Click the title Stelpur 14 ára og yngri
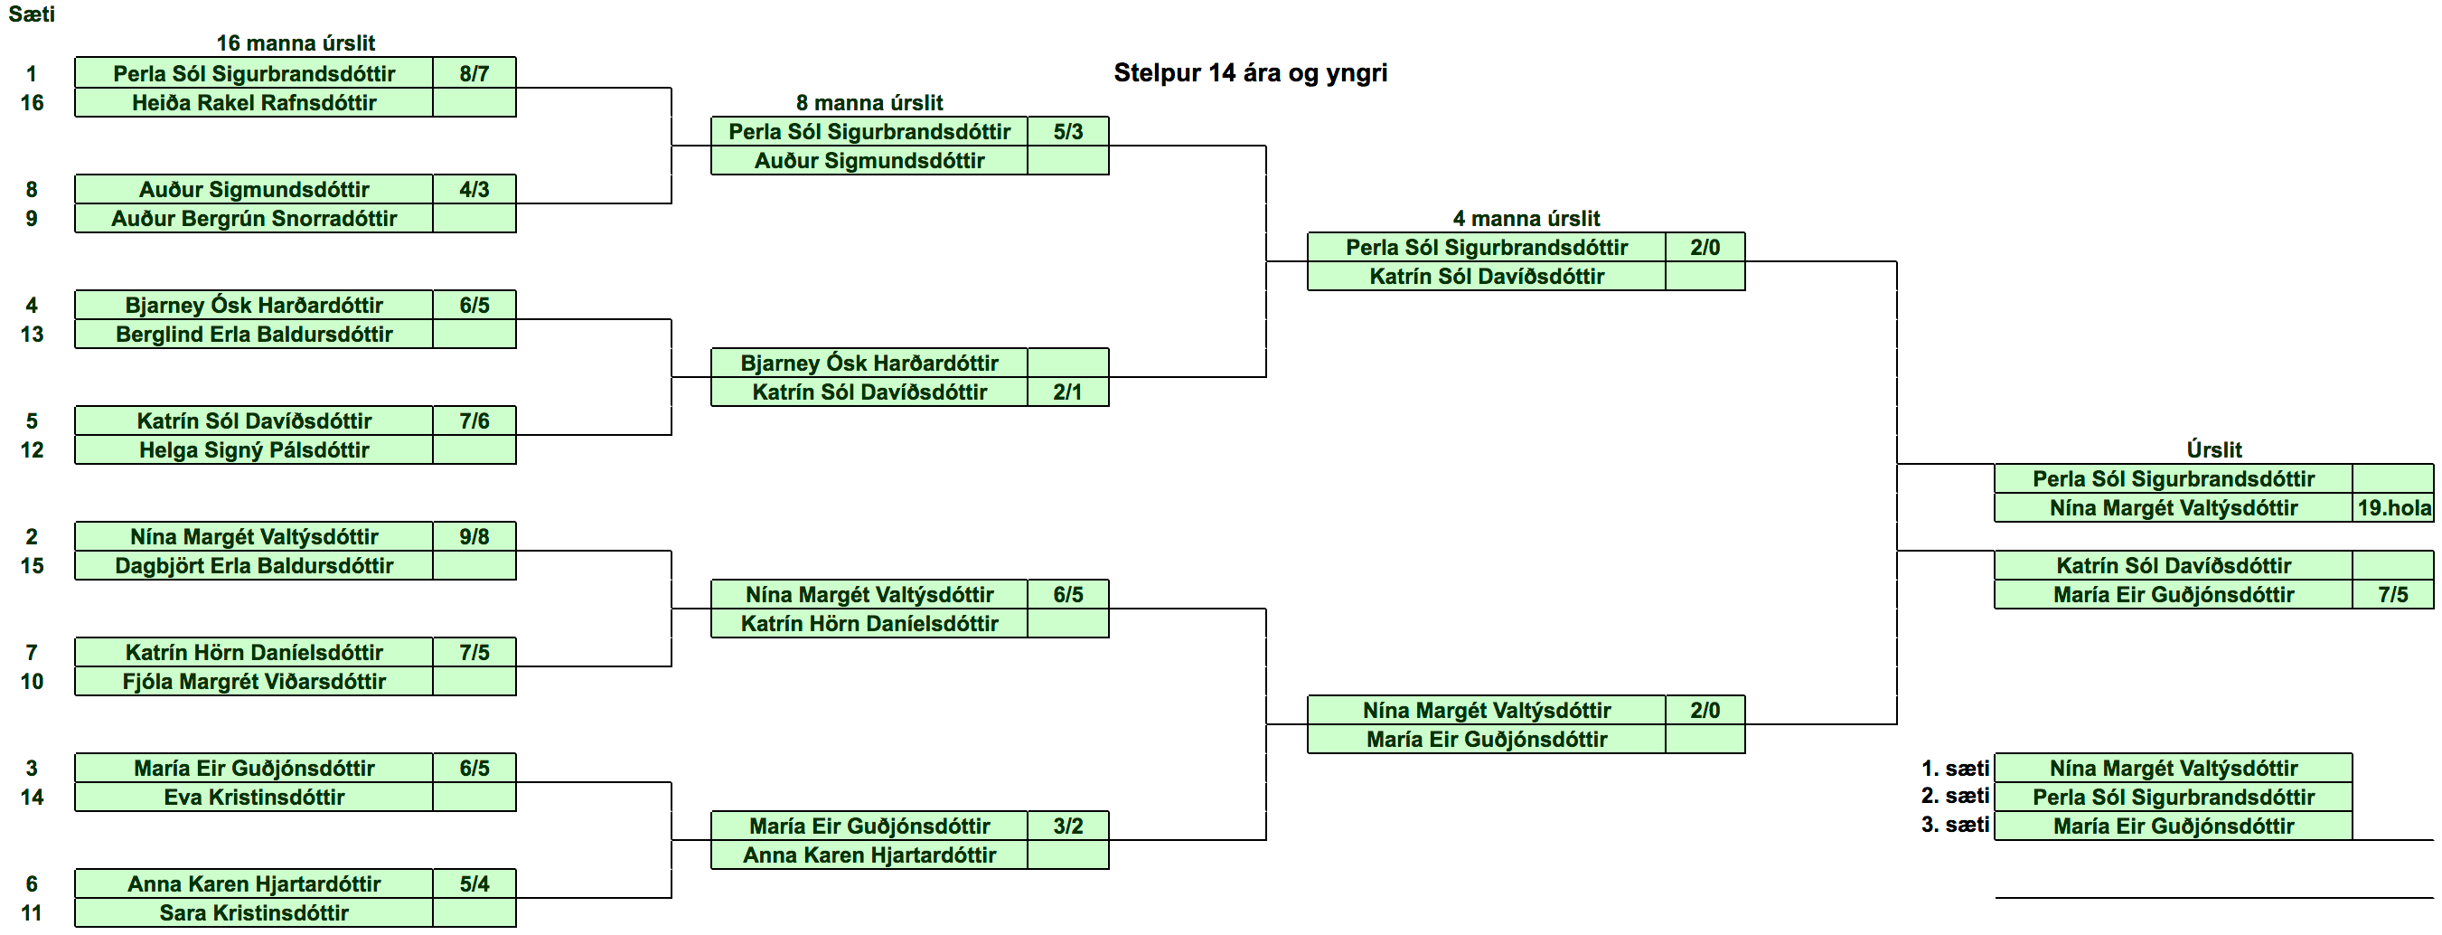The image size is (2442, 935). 1251,73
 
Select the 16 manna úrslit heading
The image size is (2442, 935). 296,42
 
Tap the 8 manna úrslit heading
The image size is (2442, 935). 869,102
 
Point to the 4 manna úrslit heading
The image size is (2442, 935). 1526,218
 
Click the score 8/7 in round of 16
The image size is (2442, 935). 474,73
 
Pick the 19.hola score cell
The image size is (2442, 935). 2395,507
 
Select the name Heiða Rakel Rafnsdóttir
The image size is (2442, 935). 254,102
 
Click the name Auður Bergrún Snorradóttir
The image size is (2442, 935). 254,218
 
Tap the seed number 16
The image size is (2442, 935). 33,102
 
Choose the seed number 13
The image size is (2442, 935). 33,334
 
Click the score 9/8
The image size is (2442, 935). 474,537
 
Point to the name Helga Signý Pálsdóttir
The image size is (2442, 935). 254,449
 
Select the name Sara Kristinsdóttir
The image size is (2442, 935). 254,912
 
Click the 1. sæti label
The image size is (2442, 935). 1955,768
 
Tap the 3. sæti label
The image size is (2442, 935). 1955,825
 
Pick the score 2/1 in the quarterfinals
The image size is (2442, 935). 1067,392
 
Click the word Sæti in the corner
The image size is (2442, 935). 32,14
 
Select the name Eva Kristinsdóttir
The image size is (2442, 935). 254,797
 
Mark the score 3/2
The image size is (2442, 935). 1067,826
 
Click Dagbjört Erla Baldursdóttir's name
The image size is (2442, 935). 254,565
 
